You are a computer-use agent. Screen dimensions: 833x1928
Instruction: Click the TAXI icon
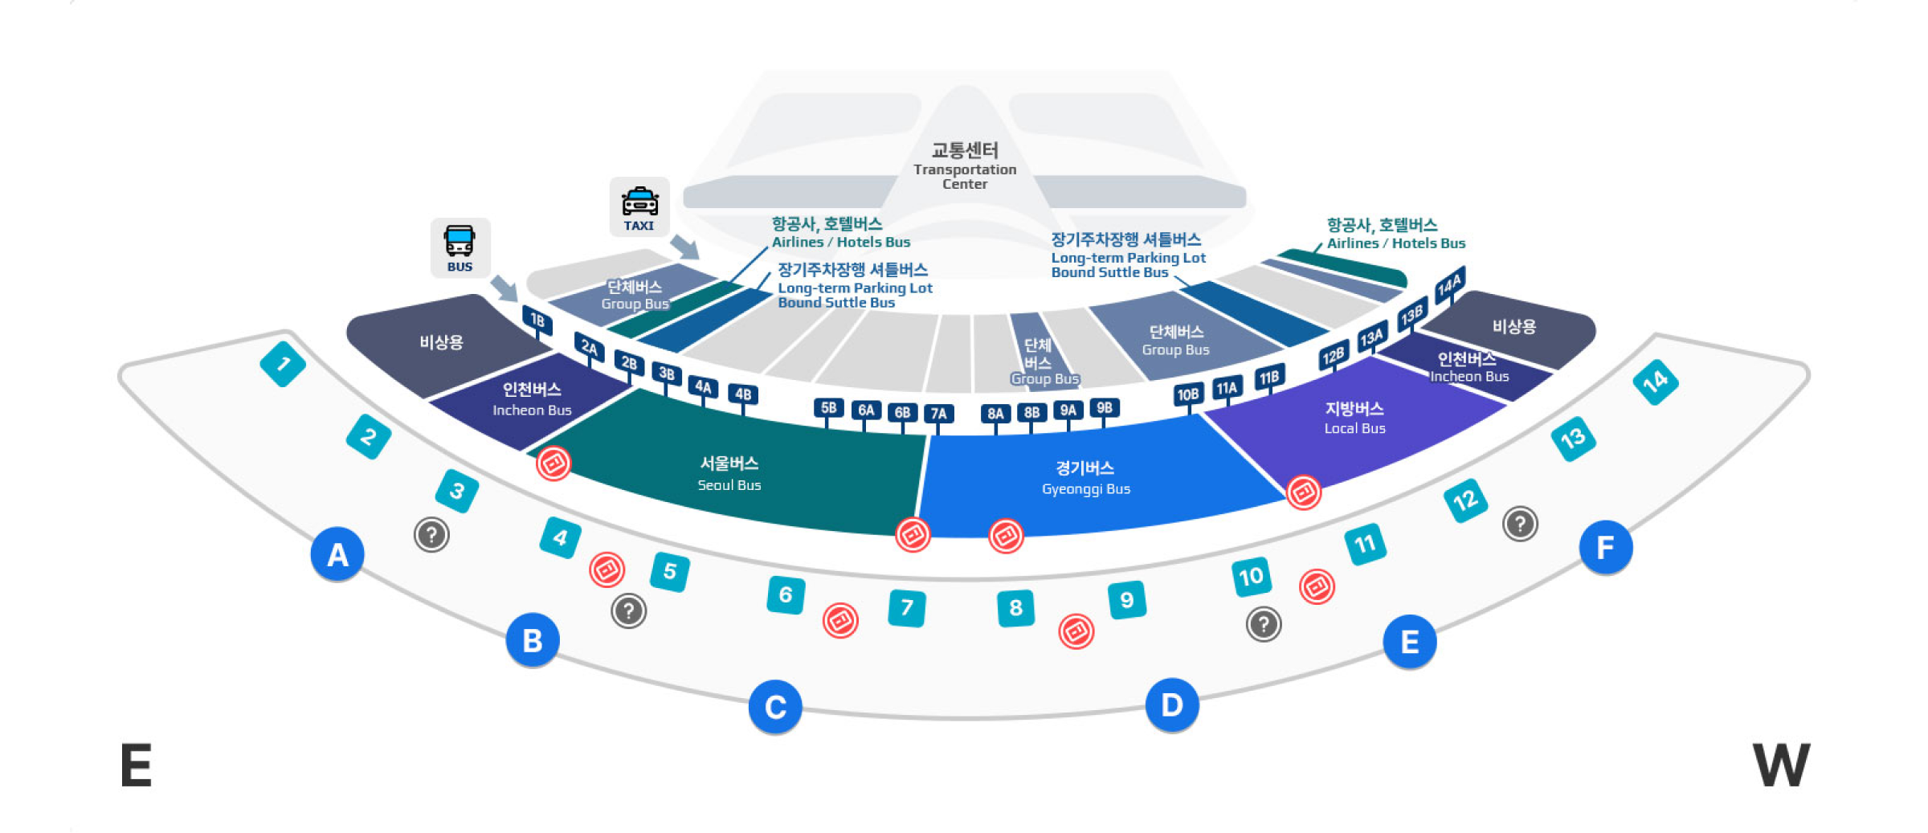coord(639,206)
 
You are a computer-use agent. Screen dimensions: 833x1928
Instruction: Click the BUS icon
coord(460,247)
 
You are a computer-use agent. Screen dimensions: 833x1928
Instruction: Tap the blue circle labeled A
coord(337,554)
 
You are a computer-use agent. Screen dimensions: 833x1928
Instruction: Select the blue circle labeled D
coord(1171,705)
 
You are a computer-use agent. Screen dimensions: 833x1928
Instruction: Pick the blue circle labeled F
coord(1605,548)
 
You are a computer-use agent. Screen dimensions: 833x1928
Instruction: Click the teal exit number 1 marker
coord(283,364)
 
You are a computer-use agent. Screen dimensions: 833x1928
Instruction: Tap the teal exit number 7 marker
coord(907,607)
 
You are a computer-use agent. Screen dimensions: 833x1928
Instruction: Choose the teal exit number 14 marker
coord(1656,382)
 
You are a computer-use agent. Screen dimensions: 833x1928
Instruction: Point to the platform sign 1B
coord(537,320)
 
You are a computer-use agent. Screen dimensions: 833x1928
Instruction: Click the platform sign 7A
coord(938,414)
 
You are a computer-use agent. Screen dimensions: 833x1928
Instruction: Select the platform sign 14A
coord(1450,284)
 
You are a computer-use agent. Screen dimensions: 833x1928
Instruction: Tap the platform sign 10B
coord(1187,394)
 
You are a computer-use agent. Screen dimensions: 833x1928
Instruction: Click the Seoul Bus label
coord(729,473)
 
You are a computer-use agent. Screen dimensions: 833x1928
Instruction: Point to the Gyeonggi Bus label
coord(1085,477)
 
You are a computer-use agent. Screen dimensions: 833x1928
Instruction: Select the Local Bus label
coord(1354,417)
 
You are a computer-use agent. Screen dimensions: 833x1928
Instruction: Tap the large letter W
coord(1781,766)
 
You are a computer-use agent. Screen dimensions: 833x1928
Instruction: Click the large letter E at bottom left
coord(136,766)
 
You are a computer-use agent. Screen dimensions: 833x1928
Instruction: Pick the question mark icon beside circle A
coord(431,534)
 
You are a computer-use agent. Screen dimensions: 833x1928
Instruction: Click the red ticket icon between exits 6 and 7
coord(840,620)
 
